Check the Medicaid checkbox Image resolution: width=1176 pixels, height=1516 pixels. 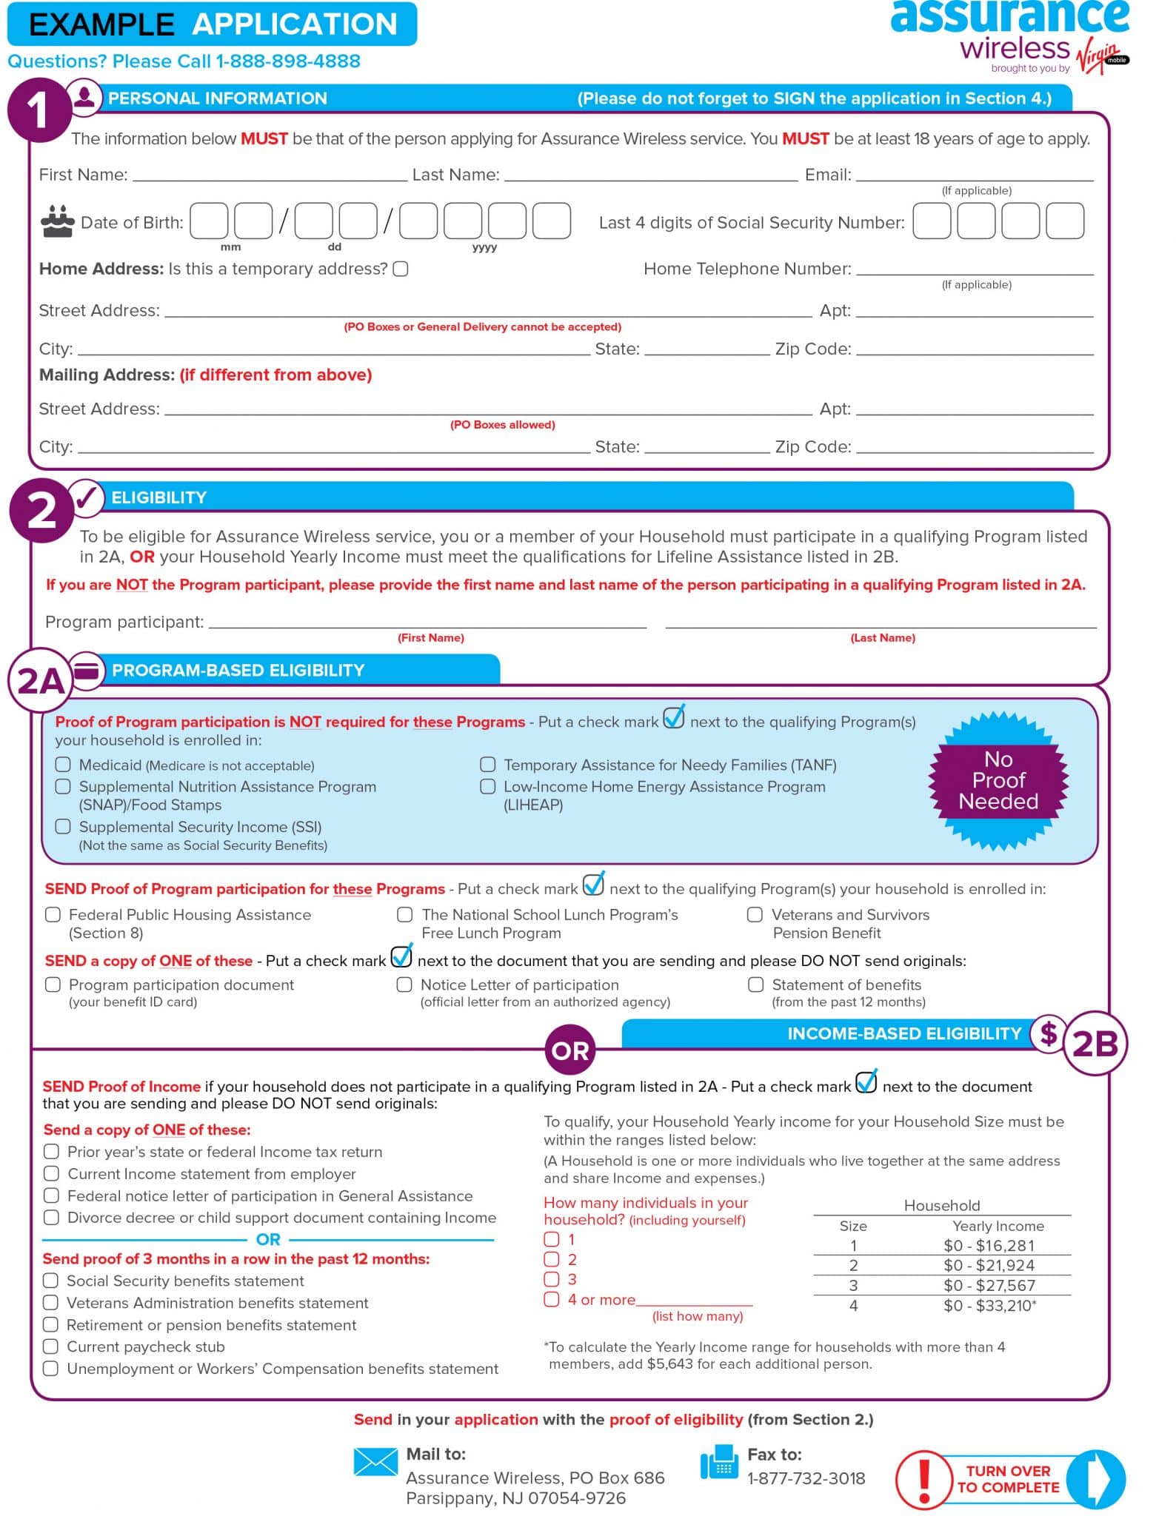[x=63, y=764]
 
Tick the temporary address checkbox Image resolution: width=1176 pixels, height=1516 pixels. [x=401, y=269]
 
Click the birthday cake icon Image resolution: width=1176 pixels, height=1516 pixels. [x=57, y=221]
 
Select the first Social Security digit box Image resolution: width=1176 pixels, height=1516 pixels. [x=931, y=221]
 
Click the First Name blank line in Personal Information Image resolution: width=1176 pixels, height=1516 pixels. [x=270, y=175]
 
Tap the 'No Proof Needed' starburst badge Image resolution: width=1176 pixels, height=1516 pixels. [x=998, y=780]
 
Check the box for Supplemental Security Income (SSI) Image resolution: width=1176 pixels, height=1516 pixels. [x=63, y=826]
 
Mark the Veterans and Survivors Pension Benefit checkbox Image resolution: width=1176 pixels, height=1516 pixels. [x=755, y=914]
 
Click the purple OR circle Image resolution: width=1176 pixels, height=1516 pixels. [x=569, y=1050]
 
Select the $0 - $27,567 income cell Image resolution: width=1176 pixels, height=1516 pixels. [x=989, y=1285]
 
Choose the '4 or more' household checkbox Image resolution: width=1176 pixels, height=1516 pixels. [x=552, y=1299]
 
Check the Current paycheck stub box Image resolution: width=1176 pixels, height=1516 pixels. [x=50, y=1346]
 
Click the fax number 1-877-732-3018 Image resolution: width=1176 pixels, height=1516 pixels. [x=806, y=1478]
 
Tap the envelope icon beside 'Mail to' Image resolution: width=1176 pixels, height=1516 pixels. [x=375, y=1461]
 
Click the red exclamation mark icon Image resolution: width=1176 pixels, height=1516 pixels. [x=923, y=1479]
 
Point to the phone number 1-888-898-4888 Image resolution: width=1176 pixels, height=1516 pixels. [x=287, y=61]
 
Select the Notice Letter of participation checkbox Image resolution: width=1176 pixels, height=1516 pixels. [x=404, y=985]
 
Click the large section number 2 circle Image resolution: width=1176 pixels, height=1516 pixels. [x=41, y=510]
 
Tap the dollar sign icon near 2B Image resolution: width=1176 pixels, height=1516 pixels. [x=1048, y=1033]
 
